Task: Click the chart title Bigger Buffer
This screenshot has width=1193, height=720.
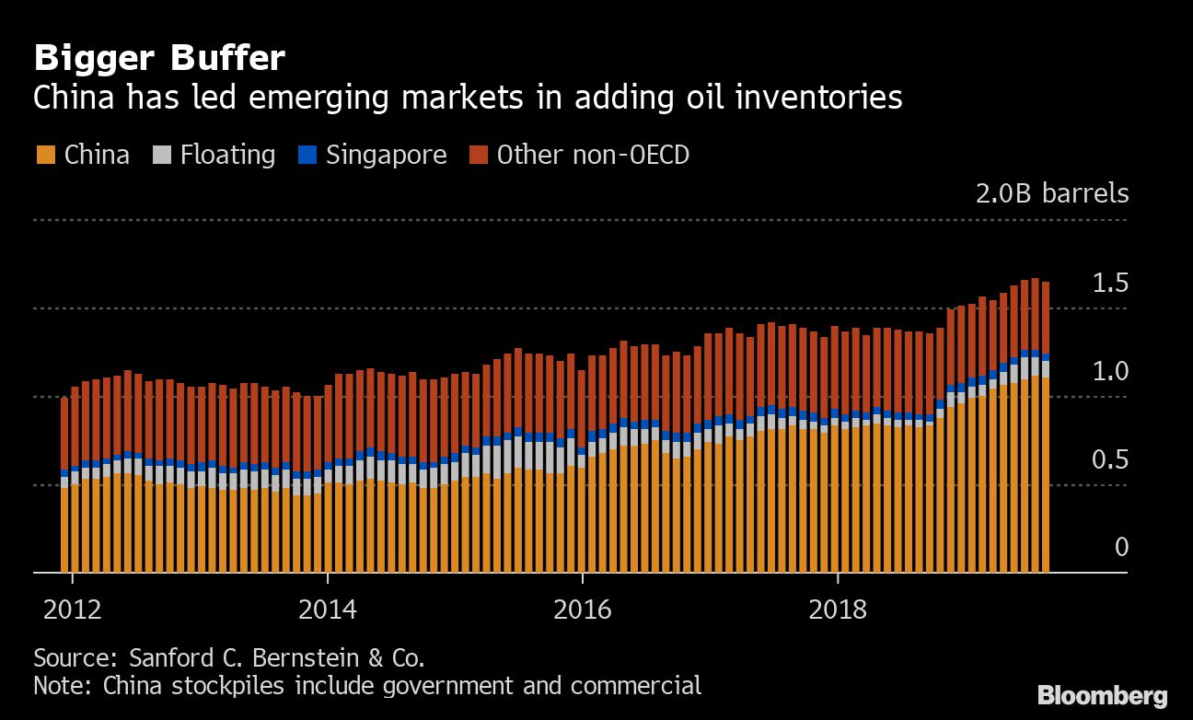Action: point(158,59)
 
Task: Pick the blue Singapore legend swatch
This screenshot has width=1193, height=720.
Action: point(307,155)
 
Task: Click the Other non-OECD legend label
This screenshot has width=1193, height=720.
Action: point(593,155)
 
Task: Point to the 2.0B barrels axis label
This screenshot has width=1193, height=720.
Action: point(1051,194)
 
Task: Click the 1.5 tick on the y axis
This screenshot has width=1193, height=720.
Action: point(1109,283)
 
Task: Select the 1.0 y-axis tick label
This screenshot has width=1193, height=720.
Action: point(1109,371)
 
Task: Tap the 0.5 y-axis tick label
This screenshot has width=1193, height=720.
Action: point(1109,459)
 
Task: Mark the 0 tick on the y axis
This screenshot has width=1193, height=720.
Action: point(1121,548)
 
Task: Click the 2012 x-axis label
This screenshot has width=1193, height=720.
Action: point(72,610)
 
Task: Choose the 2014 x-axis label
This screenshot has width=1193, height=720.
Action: point(327,610)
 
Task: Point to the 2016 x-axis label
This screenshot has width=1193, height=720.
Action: point(583,610)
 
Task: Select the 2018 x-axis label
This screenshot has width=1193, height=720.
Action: point(838,610)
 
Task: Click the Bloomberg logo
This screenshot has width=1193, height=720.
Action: point(1102,696)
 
